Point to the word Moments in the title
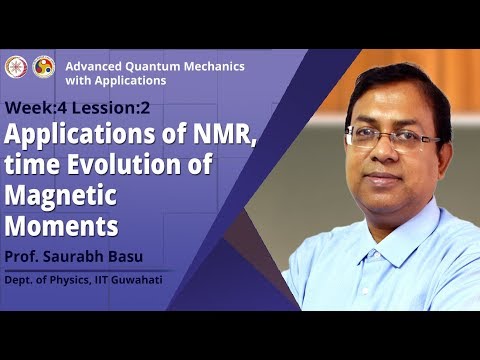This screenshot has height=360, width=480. (62, 219)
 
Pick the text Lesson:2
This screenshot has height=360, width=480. (93, 107)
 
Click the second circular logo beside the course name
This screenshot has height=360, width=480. (43, 67)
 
